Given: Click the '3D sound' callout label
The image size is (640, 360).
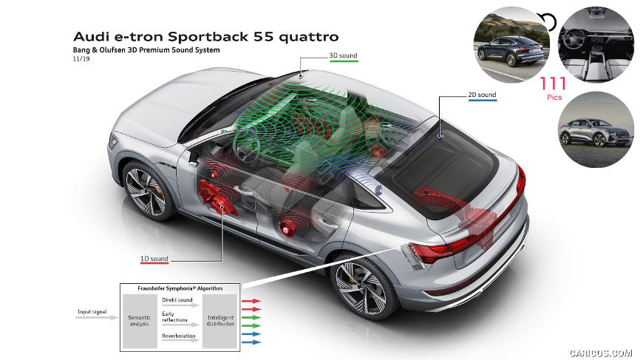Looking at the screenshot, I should (x=343, y=55).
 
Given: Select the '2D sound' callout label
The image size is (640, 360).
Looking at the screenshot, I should (x=482, y=95).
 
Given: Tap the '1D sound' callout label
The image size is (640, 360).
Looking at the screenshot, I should (x=154, y=259).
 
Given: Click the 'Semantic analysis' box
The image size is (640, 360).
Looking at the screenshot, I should (x=140, y=321).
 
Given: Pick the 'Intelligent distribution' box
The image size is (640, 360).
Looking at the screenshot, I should (x=219, y=321).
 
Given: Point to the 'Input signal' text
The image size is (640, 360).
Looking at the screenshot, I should (x=92, y=312).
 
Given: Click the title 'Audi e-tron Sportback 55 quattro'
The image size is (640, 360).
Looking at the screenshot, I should (x=206, y=37).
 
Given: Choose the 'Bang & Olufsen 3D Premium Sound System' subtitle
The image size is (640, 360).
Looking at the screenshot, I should (x=146, y=50).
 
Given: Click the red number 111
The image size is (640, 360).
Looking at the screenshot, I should (x=553, y=84).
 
